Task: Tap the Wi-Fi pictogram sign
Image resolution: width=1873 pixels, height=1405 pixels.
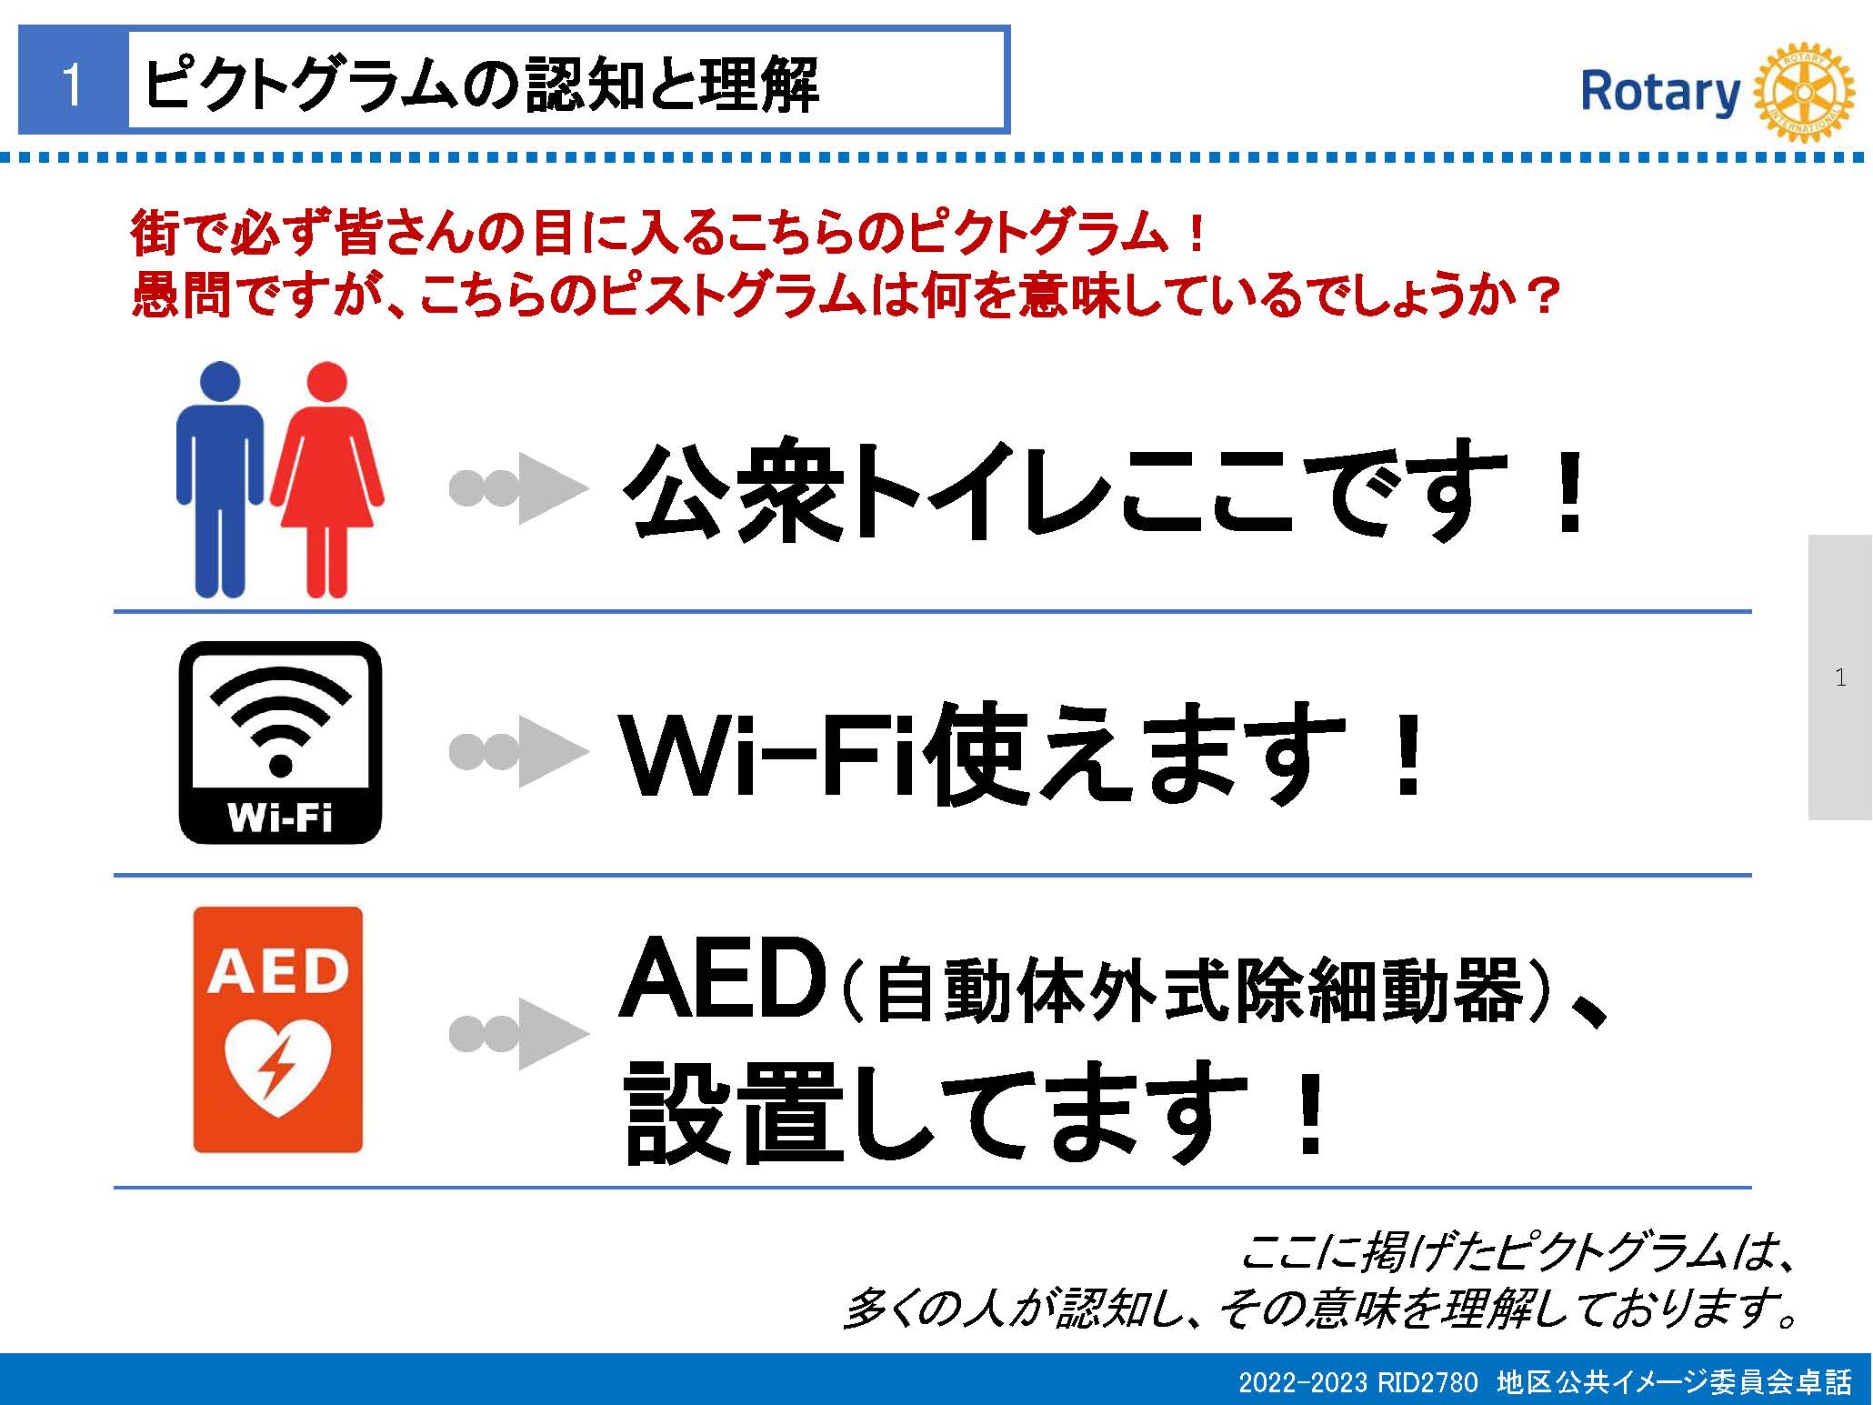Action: click(280, 742)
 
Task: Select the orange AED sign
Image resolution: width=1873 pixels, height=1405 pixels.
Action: click(278, 1029)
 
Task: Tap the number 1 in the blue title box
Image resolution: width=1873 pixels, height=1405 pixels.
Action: click(73, 85)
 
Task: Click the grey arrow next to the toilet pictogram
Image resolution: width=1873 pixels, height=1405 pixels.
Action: click(519, 488)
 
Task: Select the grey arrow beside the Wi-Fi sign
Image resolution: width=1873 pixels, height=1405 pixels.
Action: click(519, 751)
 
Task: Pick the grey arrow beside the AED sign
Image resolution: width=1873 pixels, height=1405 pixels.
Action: click(519, 1033)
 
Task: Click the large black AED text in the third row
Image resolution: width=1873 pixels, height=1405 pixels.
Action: click(722, 978)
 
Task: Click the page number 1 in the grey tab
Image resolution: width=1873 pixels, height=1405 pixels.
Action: click(1840, 677)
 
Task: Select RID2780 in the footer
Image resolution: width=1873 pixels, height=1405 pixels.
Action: click(1427, 1382)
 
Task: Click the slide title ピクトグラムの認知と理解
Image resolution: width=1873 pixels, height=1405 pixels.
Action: click(482, 85)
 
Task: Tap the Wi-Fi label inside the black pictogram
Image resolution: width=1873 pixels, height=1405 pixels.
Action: click(280, 818)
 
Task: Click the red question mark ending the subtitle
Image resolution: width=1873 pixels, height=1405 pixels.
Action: click(1543, 296)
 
